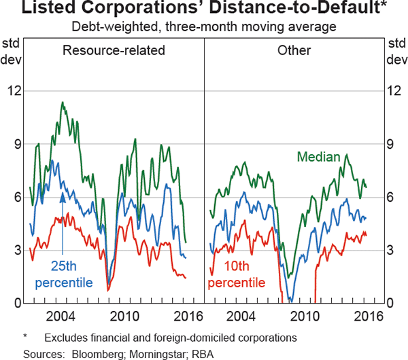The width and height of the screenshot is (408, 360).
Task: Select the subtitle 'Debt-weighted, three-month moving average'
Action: point(204,28)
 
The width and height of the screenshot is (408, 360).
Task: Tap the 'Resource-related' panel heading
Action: point(114,51)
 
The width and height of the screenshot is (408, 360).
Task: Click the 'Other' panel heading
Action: point(294,51)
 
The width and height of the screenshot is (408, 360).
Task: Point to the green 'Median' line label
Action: point(318,157)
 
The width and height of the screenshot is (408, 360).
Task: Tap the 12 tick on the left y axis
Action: point(14,91)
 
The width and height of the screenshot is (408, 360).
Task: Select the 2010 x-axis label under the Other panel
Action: point(305,317)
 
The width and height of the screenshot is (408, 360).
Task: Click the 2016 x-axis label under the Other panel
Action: point(367,317)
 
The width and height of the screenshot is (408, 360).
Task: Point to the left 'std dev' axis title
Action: point(12,52)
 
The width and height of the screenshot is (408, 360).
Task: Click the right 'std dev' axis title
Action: point(396,52)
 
